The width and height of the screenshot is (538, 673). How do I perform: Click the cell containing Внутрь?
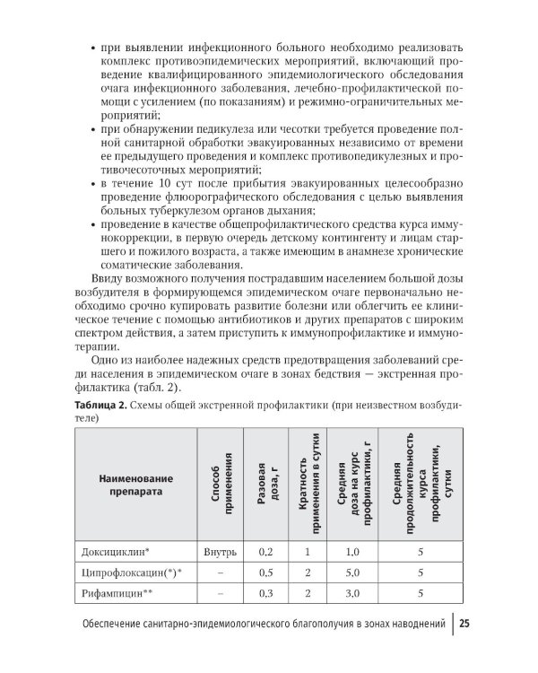click(220, 553)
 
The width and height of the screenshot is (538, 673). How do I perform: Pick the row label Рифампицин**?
click(118, 593)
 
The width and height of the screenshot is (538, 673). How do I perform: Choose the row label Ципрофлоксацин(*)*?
click(129, 572)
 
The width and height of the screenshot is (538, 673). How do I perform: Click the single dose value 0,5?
click(265, 572)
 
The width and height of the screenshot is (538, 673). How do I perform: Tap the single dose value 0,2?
click(265, 553)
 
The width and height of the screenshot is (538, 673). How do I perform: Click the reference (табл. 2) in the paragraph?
click(154, 387)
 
